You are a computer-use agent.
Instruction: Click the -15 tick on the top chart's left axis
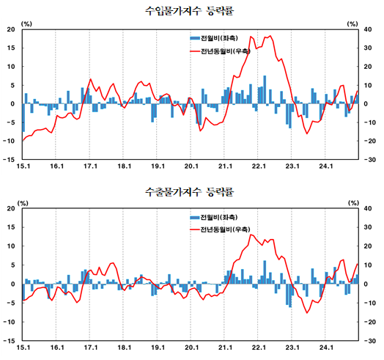point(11,159)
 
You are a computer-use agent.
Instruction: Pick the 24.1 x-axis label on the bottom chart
point(326,348)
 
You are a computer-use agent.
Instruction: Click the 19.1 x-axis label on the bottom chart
point(158,348)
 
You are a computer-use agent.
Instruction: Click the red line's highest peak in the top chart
point(270,36)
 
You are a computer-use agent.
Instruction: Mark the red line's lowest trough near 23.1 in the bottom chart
point(308,312)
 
